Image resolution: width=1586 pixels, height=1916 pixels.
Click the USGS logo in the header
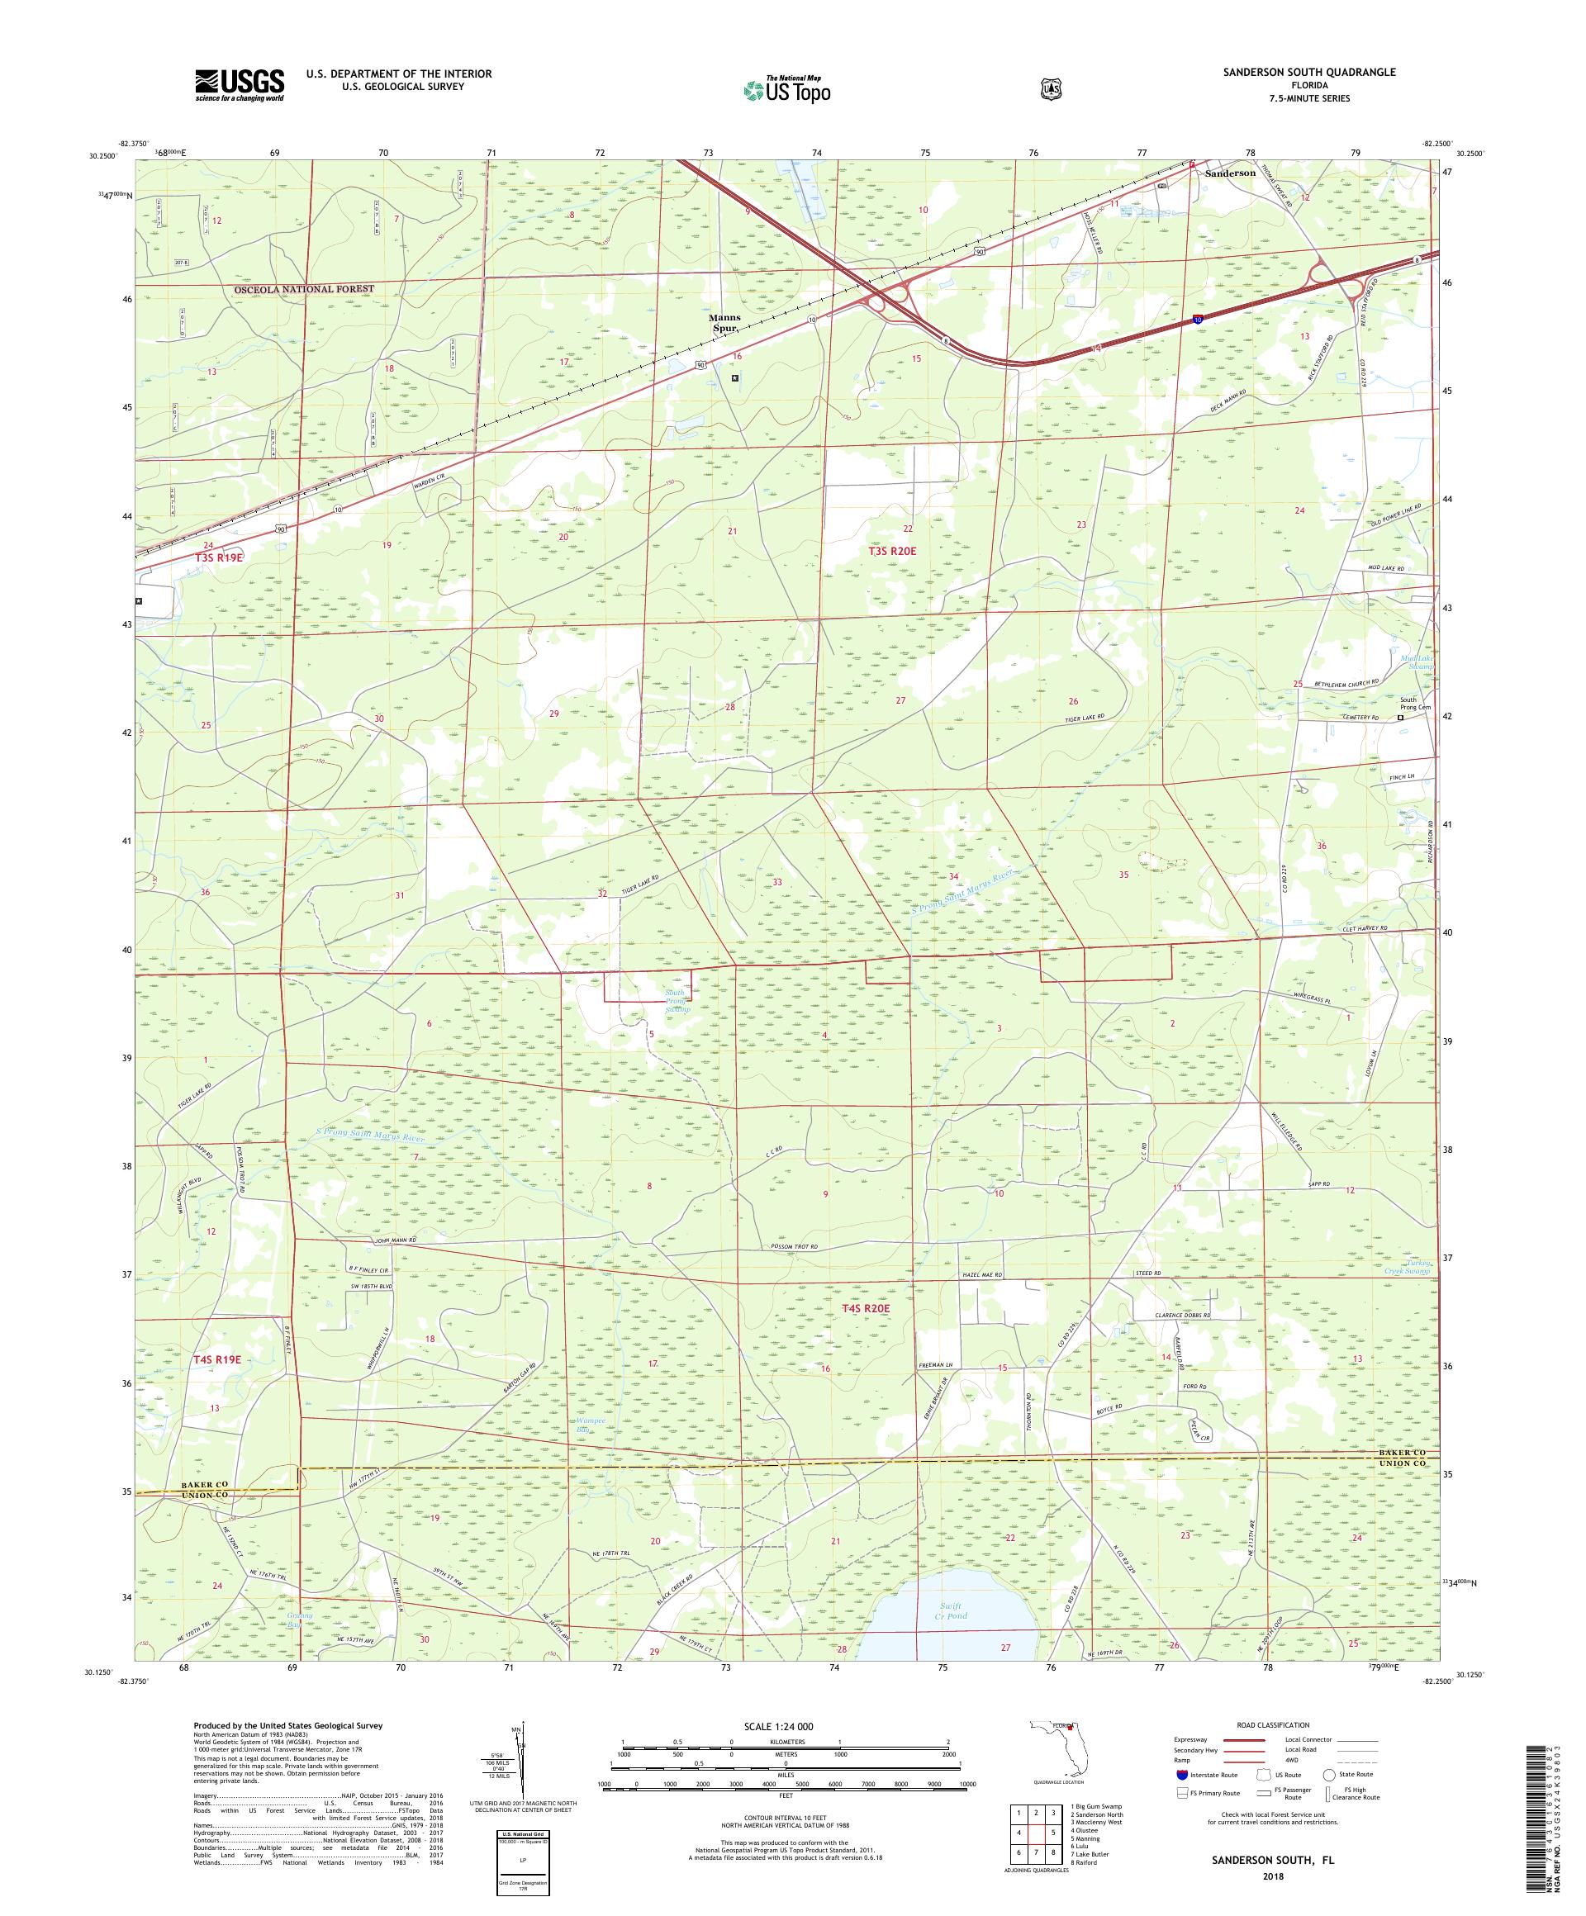point(238,86)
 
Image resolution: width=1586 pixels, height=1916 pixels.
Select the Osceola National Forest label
point(304,289)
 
